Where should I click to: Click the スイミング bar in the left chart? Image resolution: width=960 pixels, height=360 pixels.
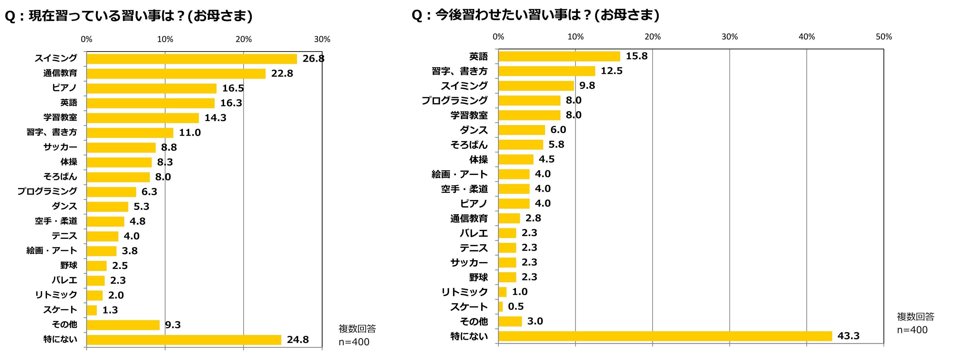tap(192, 59)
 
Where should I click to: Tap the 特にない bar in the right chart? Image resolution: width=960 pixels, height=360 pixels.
tap(665, 336)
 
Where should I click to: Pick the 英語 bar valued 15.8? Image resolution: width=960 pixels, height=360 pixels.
tap(559, 56)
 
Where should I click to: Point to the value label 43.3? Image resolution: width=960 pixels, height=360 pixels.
tap(848, 336)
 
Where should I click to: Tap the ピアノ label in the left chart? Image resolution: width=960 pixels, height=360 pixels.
tap(64, 88)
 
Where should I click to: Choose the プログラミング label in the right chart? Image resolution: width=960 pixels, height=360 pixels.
tap(454, 101)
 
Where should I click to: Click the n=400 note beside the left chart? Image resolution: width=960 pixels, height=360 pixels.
tap(354, 342)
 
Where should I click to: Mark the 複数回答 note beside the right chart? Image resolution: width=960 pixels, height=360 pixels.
tap(915, 317)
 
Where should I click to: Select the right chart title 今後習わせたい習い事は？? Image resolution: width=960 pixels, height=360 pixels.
tap(535, 15)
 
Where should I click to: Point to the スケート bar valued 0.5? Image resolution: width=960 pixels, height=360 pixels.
tap(500, 307)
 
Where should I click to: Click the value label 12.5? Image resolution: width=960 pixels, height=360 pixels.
tap(611, 71)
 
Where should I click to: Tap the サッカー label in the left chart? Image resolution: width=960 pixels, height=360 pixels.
tap(60, 147)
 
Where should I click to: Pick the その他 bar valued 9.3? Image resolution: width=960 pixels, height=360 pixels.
tap(123, 325)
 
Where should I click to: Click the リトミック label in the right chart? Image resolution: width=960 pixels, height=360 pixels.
tap(464, 292)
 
